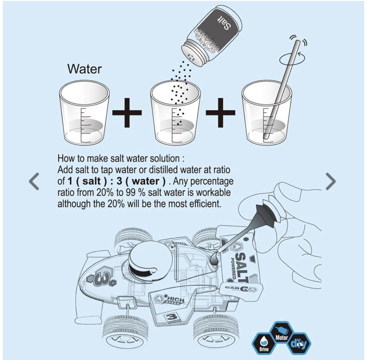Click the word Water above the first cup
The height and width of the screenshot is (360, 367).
click(x=85, y=69)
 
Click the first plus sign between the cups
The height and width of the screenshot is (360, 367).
click(x=127, y=113)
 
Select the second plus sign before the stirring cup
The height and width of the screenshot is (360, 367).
click(x=221, y=113)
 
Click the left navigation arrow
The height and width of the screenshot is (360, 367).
click(x=34, y=181)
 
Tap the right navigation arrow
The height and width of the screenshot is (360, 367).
click(x=331, y=181)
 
